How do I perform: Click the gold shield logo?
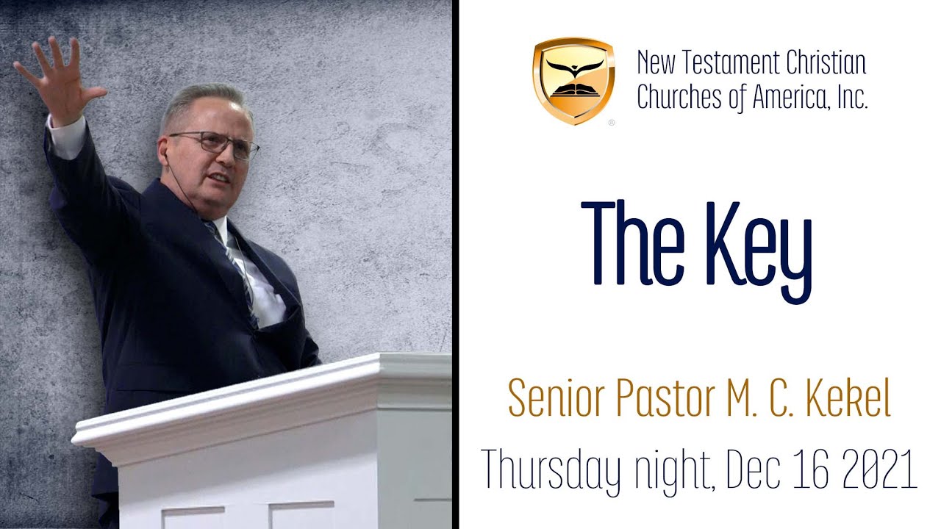573,80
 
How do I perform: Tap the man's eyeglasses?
213,144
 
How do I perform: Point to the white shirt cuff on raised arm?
66,137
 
